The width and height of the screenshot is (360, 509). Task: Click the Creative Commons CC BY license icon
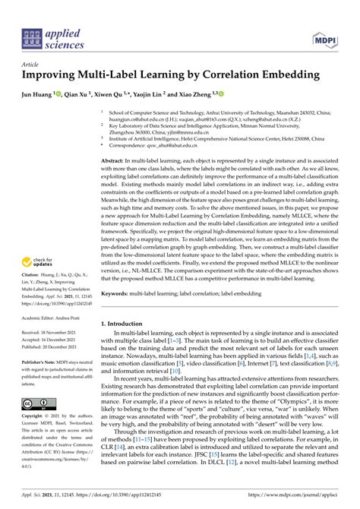pos(37,403)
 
